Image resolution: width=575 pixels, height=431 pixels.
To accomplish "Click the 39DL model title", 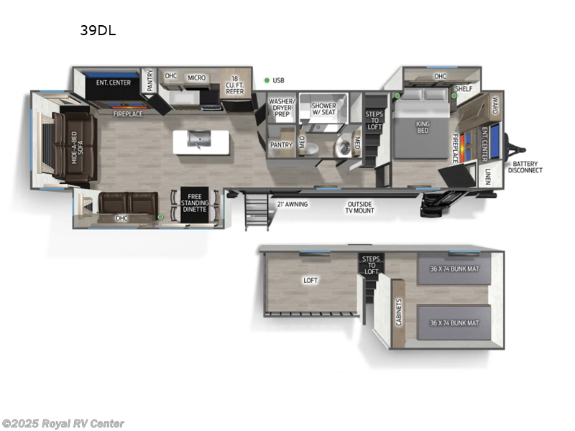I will point(98,31).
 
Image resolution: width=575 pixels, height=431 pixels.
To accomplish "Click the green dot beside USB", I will point(267,80).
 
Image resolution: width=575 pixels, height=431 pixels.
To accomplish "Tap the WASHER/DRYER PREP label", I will point(280,108).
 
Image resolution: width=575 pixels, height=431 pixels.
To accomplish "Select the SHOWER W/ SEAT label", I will point(323,110).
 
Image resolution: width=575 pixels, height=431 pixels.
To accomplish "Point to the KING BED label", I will point(423,128).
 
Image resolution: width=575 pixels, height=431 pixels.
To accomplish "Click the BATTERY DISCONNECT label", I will point(525,167).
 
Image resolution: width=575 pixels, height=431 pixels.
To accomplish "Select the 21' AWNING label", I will point(292,205).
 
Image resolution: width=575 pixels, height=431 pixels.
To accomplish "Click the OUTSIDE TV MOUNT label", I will point(360,208).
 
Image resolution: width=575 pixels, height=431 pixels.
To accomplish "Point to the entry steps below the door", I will point(255,213).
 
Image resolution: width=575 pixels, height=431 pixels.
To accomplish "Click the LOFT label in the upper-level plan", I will point(310,281).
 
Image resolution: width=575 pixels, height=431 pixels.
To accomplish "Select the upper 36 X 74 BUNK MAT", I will point(454,269).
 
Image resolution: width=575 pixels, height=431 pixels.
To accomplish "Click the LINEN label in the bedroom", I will point(487,177).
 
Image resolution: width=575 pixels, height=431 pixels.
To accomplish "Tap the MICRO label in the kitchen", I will point(196,78).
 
